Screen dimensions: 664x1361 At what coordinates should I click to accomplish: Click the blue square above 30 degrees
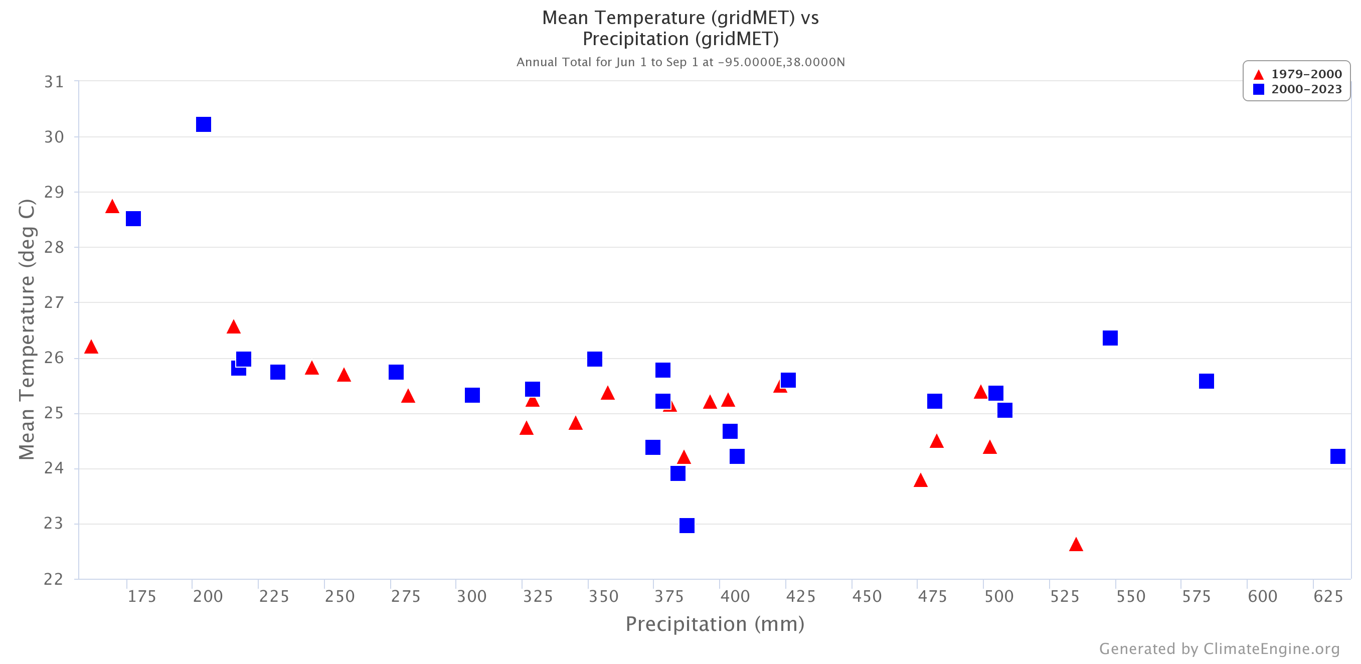point(204,125)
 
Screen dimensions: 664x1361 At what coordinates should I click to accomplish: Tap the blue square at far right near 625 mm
point(1337,456)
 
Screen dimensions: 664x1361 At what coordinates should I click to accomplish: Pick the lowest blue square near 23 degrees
point(687,526)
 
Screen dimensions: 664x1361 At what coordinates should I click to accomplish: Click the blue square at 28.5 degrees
point(133,219)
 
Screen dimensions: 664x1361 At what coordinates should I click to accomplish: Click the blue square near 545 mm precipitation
point(1109,338)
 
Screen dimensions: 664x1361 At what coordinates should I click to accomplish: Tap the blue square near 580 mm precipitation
point(1206,381)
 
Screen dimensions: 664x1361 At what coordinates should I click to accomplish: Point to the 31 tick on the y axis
point(54,82)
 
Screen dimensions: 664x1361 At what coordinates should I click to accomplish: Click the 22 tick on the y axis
point(54,579)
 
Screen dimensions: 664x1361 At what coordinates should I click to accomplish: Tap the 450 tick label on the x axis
point(867,597)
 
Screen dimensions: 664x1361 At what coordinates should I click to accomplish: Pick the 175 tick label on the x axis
point(141,597)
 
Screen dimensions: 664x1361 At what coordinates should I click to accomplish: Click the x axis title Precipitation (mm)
point(714,624)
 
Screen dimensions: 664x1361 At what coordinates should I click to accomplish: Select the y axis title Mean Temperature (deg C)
point(27,329)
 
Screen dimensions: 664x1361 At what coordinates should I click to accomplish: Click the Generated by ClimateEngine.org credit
point(1219,648)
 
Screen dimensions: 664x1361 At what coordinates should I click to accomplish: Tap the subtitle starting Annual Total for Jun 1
point(680,62)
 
